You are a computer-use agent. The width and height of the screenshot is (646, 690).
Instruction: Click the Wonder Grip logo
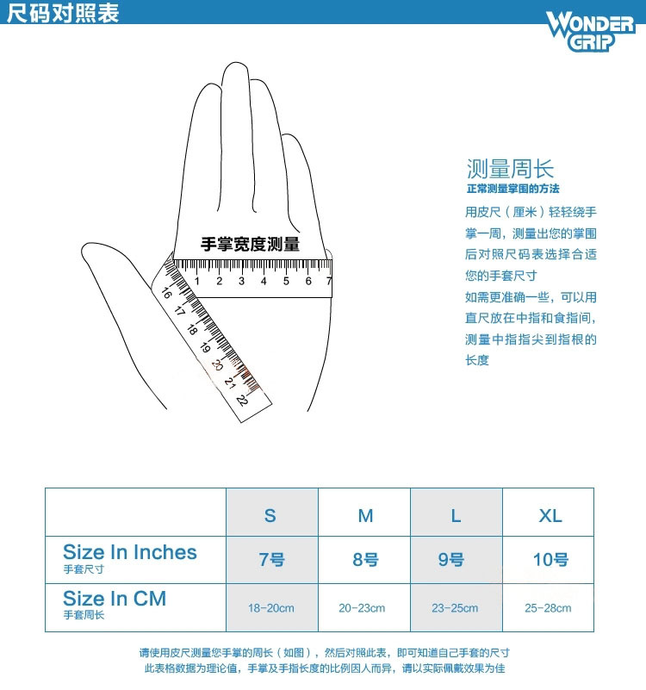(x=591, y=31)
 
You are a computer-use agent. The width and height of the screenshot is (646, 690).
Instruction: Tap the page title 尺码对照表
(x=63, y=12)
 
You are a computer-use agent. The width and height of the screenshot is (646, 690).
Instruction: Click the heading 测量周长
(x=510, y=169)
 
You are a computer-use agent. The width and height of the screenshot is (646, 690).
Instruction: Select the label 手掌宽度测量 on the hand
(x=250, y=245)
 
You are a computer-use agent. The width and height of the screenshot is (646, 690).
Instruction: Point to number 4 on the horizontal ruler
(x=264, y=281)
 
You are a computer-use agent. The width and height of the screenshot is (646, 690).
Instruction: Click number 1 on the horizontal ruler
(x=196, y=281)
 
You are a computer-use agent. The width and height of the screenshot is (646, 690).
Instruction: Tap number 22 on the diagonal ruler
(x=242, y=400)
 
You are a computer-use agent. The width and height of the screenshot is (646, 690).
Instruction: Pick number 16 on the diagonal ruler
(x=166, y=293)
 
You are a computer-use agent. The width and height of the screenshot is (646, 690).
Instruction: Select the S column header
(x=270, y=516)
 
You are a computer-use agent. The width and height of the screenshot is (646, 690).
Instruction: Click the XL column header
(x=550, y=516)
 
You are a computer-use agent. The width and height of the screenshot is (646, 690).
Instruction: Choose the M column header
(x=366, y=516)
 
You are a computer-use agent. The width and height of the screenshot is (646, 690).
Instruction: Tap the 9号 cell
(x=451, y=560)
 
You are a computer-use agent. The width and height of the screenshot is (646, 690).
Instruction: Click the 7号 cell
(x=271, y=560)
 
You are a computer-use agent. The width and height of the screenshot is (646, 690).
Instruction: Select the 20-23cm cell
(x=362, y=608)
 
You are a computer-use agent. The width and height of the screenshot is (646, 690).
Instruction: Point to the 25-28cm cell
(x=548, y=608)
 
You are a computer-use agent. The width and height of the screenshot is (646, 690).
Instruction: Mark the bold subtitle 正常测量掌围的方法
(x=512, y=189)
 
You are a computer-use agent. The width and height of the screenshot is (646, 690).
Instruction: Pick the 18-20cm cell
(x=271, y=608)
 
